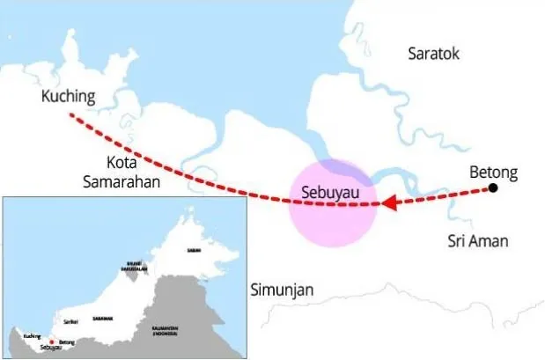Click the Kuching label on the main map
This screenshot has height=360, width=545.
coord(68,96)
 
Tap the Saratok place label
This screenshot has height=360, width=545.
coord(434,54)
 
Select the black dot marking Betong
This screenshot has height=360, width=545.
coord(494,187)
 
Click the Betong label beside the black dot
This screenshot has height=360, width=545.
coord(494,172)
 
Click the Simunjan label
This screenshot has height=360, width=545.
coord(284,290)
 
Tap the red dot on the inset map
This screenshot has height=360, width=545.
coord(52,342)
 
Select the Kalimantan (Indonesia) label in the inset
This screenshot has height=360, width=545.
coord(165,331)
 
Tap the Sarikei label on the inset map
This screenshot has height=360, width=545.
coord(70,322)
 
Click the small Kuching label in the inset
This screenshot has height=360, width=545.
coord(32,336)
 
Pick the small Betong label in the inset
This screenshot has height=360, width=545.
coord(67,342)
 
